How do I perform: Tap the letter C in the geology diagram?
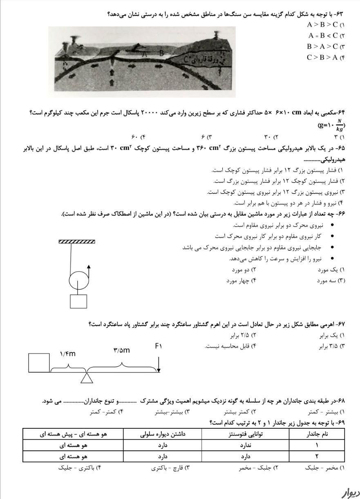[186, 59]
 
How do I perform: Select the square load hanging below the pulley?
[78, 301]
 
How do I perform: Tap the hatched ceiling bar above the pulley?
[77, 242]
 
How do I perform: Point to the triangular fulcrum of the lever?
[86, 378]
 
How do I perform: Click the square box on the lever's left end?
[39, 363]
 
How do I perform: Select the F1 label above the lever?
[159, 346]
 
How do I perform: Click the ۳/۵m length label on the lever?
[121, 350]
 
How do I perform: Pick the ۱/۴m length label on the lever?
[67, 354]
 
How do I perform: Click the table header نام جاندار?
[317, 434]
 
